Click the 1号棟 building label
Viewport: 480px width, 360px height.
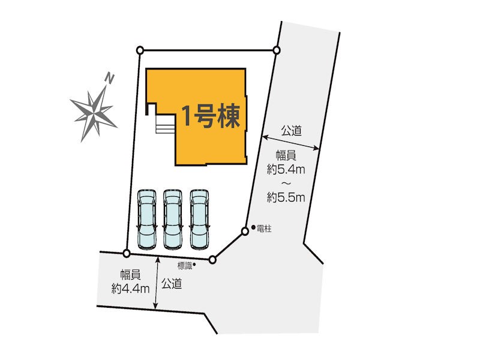point(212,116)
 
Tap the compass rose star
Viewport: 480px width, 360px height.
point(94,111)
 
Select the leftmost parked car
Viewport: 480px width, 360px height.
point(146,218)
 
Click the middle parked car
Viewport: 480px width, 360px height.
point(173,218)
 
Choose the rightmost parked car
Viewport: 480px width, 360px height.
point(199,218)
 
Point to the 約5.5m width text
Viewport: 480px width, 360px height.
point(286,196)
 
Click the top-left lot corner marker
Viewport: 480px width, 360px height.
point(140,50)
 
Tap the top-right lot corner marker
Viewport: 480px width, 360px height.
point(277,50)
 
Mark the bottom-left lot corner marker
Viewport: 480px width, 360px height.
point(126,253)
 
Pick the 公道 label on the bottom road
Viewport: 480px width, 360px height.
point(172,284)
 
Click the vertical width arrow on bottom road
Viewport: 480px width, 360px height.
point(157,283)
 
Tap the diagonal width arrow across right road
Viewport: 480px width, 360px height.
point(291,142)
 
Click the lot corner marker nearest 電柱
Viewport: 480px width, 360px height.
point(245,231)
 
